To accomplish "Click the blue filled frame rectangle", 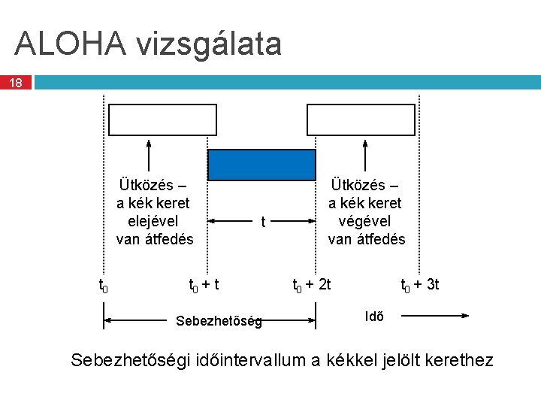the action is click(261, 165).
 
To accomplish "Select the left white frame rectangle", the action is click(163, 120).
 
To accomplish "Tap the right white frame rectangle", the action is click(361, 120).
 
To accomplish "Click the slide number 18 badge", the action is click(16, 82).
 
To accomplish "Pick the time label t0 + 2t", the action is click(312, 285).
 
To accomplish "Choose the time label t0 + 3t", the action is click(420, 285).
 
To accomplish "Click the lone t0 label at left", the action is click(104, 285).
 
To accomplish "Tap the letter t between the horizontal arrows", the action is click(262, 222).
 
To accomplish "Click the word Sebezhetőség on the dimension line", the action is click(219, 322).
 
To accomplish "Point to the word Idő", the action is click(374, 316).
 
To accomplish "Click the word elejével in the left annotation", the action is click(153, 221).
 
